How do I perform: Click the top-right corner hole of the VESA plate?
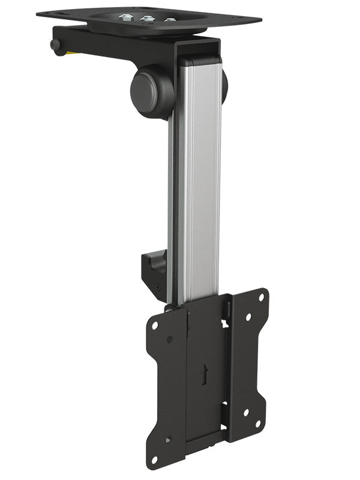point(261,297)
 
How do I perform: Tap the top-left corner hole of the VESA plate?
point(155,325)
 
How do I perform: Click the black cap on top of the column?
point(200,59)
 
